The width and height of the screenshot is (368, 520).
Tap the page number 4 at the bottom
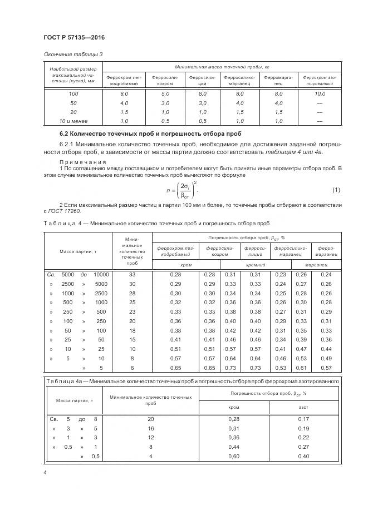tap(45, 473)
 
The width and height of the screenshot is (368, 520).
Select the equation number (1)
tap(336, 191)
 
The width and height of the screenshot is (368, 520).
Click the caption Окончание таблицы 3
tap(73, 53)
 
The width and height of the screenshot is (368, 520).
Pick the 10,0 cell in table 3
tap(320, 94)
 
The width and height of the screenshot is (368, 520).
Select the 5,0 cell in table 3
tap(165, 94)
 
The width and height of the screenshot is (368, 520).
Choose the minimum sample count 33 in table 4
tap(132, 274)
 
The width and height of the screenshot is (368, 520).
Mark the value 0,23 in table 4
tap(281, 274)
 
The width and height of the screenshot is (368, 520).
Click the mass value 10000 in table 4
tap(101, 274)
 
